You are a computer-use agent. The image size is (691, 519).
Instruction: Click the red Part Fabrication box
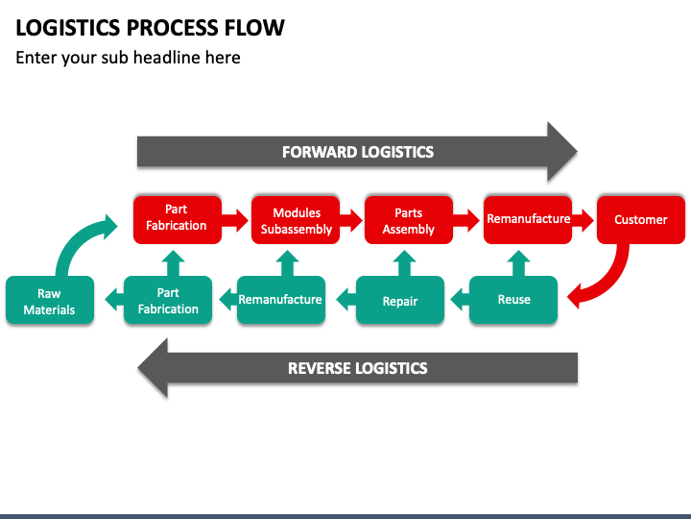coord(178,220)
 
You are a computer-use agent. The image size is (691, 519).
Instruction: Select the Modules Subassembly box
coord(296,220)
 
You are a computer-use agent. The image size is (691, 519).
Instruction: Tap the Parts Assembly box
coord(409,220)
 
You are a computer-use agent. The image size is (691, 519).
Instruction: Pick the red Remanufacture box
coord(528,220)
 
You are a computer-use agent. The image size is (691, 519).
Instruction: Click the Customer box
coord(641,220)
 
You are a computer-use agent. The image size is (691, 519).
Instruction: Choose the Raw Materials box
coord(50,300)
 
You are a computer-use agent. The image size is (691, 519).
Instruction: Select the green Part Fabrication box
coord(168,300)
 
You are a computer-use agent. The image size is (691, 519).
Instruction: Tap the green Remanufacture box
coord(281,300)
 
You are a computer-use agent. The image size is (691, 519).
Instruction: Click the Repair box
coord(400,300)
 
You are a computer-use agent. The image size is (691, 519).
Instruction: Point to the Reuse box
coord(513,300)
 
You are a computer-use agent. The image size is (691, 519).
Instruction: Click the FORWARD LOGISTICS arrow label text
coord(358,152)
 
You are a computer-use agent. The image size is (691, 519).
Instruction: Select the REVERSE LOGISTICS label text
coord(358,368)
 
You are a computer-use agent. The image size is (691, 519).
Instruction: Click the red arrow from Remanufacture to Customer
coord(584,220)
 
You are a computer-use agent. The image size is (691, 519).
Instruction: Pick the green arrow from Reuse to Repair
coord(460,299)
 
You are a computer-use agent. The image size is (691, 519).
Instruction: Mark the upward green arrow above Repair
coord(404,263)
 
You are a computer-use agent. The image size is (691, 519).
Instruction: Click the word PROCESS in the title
coord(173,28)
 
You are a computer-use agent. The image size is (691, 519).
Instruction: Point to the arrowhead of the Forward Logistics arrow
coord(562,152)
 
